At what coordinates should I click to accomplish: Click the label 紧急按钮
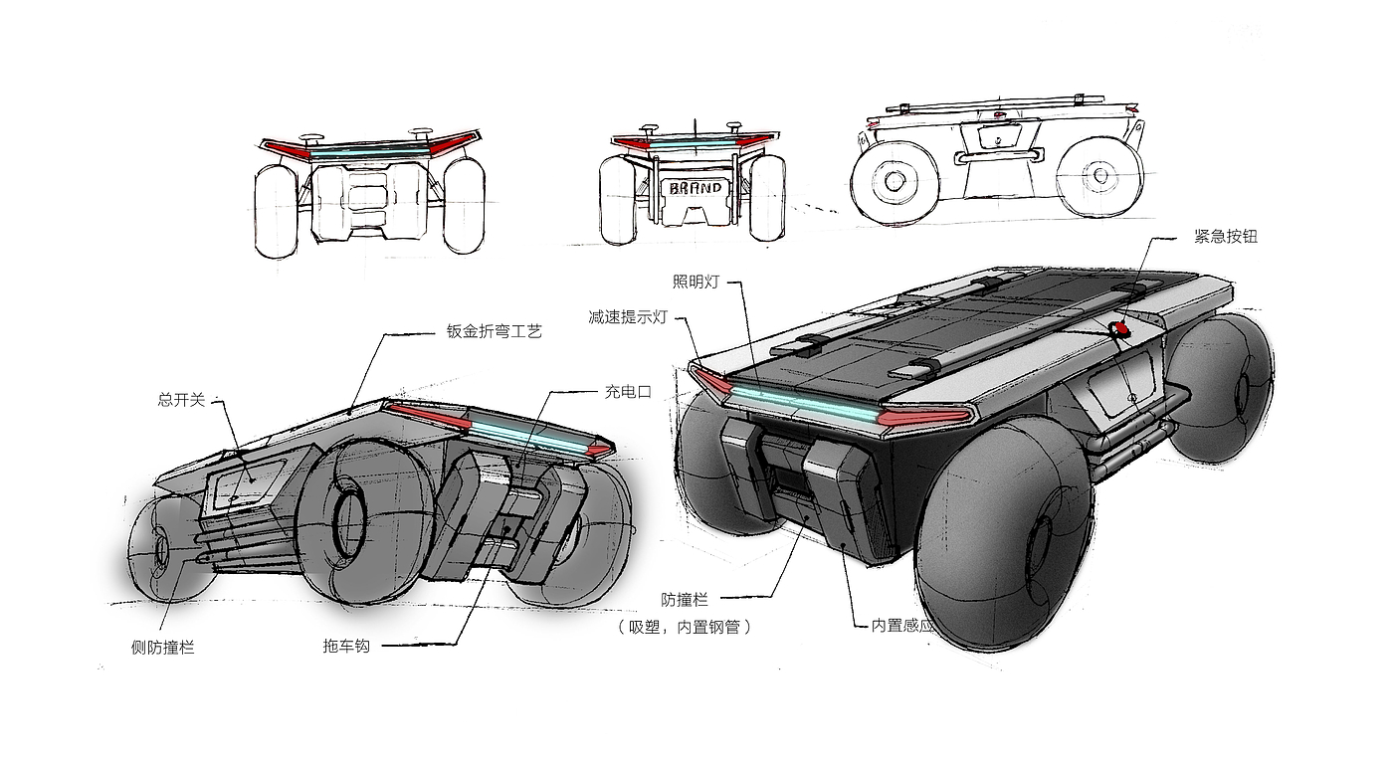1225,237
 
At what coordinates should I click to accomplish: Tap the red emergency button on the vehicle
1120,328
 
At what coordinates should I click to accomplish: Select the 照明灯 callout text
696,282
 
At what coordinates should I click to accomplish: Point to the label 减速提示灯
628,317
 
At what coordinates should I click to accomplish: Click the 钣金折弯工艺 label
494,331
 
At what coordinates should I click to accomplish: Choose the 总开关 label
181,399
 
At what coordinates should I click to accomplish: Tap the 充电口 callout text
628,392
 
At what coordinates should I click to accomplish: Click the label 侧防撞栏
163,648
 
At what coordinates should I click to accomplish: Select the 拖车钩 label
346,646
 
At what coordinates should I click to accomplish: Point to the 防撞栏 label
685,600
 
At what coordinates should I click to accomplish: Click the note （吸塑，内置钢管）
685,627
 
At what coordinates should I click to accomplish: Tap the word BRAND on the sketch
696,187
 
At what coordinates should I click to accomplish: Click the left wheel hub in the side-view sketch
894,180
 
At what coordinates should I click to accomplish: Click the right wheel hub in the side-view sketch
1099,175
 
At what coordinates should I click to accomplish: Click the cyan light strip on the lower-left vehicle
528,437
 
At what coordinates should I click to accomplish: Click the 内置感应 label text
902,626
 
